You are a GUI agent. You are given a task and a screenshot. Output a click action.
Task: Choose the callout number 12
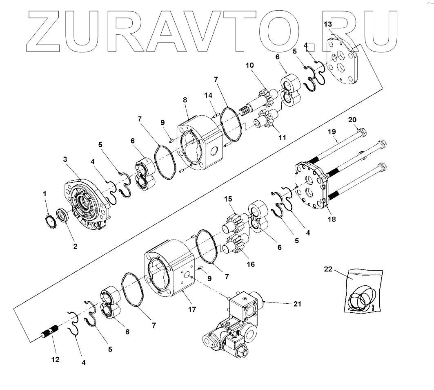(x=55, y=359)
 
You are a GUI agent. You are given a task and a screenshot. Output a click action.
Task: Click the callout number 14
(x=209, y=95)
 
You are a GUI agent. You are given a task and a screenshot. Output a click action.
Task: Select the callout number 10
(x=250, y=65)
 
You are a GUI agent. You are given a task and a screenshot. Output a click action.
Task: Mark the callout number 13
(x=328, y=25)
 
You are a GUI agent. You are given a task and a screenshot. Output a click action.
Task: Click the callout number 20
(x=352, y=120)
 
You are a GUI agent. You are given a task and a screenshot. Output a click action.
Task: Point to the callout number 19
(x=332, y=132)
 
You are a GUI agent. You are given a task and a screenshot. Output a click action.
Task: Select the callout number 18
(x=331, y=219)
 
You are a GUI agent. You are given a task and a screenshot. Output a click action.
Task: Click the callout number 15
(x=228, y=199)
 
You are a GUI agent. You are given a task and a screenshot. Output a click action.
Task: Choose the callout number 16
(x=251, y=264)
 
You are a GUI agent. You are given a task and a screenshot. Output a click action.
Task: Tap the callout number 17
(x=191, y=310)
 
